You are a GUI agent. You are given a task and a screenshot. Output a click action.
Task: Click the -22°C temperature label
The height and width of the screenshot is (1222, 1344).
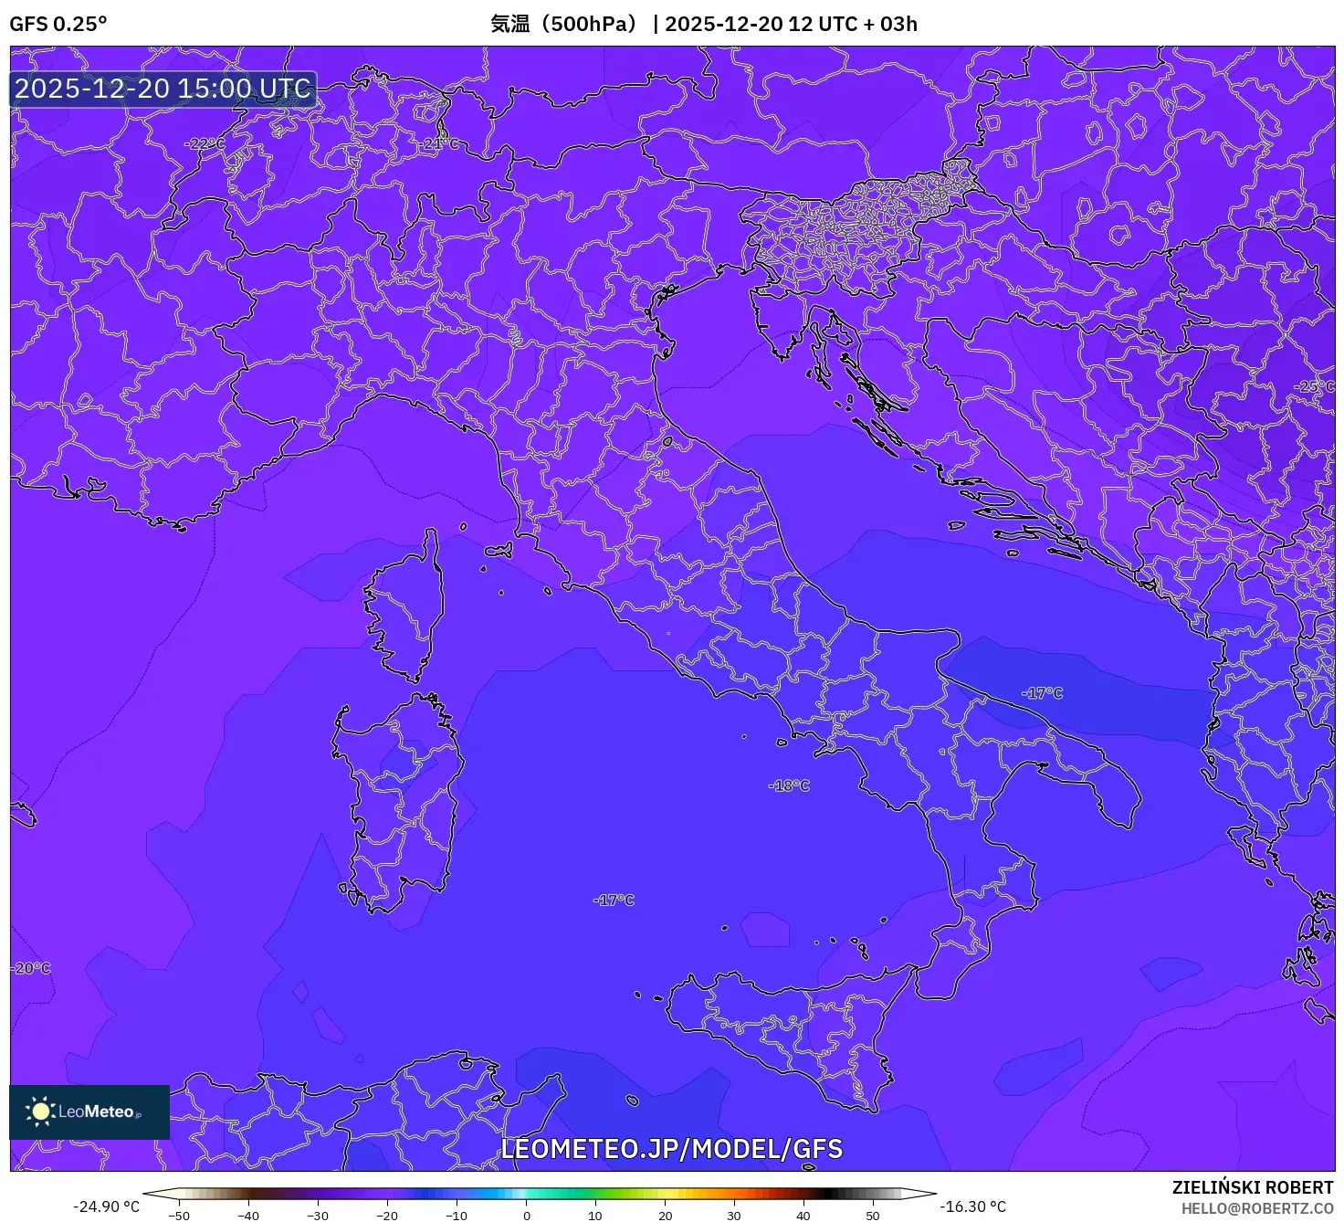(x=205, y=143)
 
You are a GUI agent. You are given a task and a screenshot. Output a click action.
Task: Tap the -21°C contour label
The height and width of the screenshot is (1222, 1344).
(x=442, y=143)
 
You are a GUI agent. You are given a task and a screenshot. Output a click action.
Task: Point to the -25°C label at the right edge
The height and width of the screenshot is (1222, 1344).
(x=1314, y=386)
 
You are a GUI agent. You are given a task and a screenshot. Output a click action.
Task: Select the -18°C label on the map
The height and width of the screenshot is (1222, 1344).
(x=789, y=785)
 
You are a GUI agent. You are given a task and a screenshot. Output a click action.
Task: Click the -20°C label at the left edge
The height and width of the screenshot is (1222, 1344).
(x=31, y=968)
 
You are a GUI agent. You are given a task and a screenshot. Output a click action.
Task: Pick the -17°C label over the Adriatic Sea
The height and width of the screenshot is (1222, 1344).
(x=1042, y=693)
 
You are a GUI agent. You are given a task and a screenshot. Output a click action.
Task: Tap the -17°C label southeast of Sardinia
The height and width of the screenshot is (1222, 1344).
(x=614, y=900)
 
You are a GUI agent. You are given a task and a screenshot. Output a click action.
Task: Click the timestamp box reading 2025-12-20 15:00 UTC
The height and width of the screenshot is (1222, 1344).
(x=163, y=89)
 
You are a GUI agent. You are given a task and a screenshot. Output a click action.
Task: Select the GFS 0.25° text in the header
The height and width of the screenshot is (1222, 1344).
(x=58, y=24)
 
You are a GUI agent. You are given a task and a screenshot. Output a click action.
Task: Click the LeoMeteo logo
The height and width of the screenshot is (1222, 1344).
(x=89, y=1111)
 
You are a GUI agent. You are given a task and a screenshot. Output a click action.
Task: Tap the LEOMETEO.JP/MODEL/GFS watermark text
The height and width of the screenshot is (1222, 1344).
(x=671, y=1148)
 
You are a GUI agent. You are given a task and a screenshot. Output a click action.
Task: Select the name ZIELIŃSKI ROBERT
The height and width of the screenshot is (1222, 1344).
(x=1253, y=1187)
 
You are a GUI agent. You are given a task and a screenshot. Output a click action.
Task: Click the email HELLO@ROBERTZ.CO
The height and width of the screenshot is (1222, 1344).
(x=1257, y=1208)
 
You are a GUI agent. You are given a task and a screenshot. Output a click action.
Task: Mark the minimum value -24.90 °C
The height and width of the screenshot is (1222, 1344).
(x=107, y=1206)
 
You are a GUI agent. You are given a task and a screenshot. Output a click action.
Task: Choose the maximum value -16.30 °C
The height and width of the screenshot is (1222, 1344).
(x=973, y=1206)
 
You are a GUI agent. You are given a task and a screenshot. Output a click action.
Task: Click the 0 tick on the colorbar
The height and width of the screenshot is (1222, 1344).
(x=526, y=1216)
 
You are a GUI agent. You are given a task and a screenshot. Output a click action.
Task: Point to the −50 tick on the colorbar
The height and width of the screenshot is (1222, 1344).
(x=179, y=1216)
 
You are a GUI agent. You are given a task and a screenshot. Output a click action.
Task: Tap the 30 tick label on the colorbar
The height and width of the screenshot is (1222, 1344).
(x=734, y=1216)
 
